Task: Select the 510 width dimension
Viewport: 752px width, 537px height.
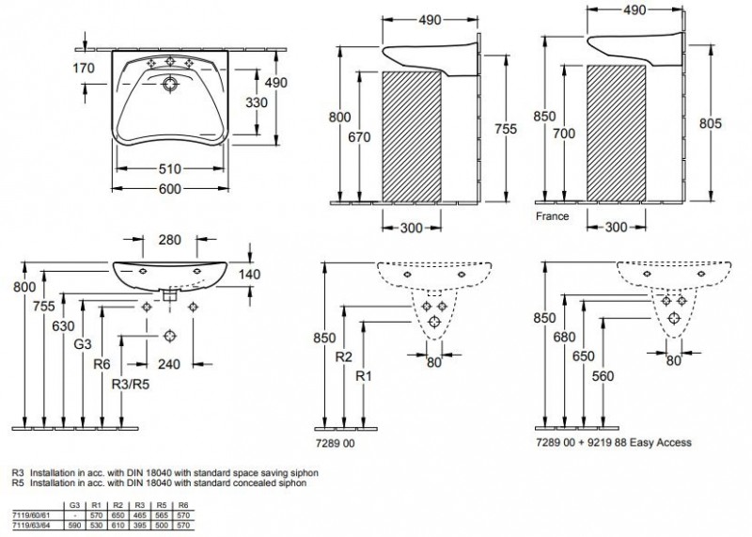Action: pos(169,171)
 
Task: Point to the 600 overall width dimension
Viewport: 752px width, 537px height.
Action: pos(169,190)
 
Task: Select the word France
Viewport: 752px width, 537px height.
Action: pos(553,215)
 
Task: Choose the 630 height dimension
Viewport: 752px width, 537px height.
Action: pos(63,326)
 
